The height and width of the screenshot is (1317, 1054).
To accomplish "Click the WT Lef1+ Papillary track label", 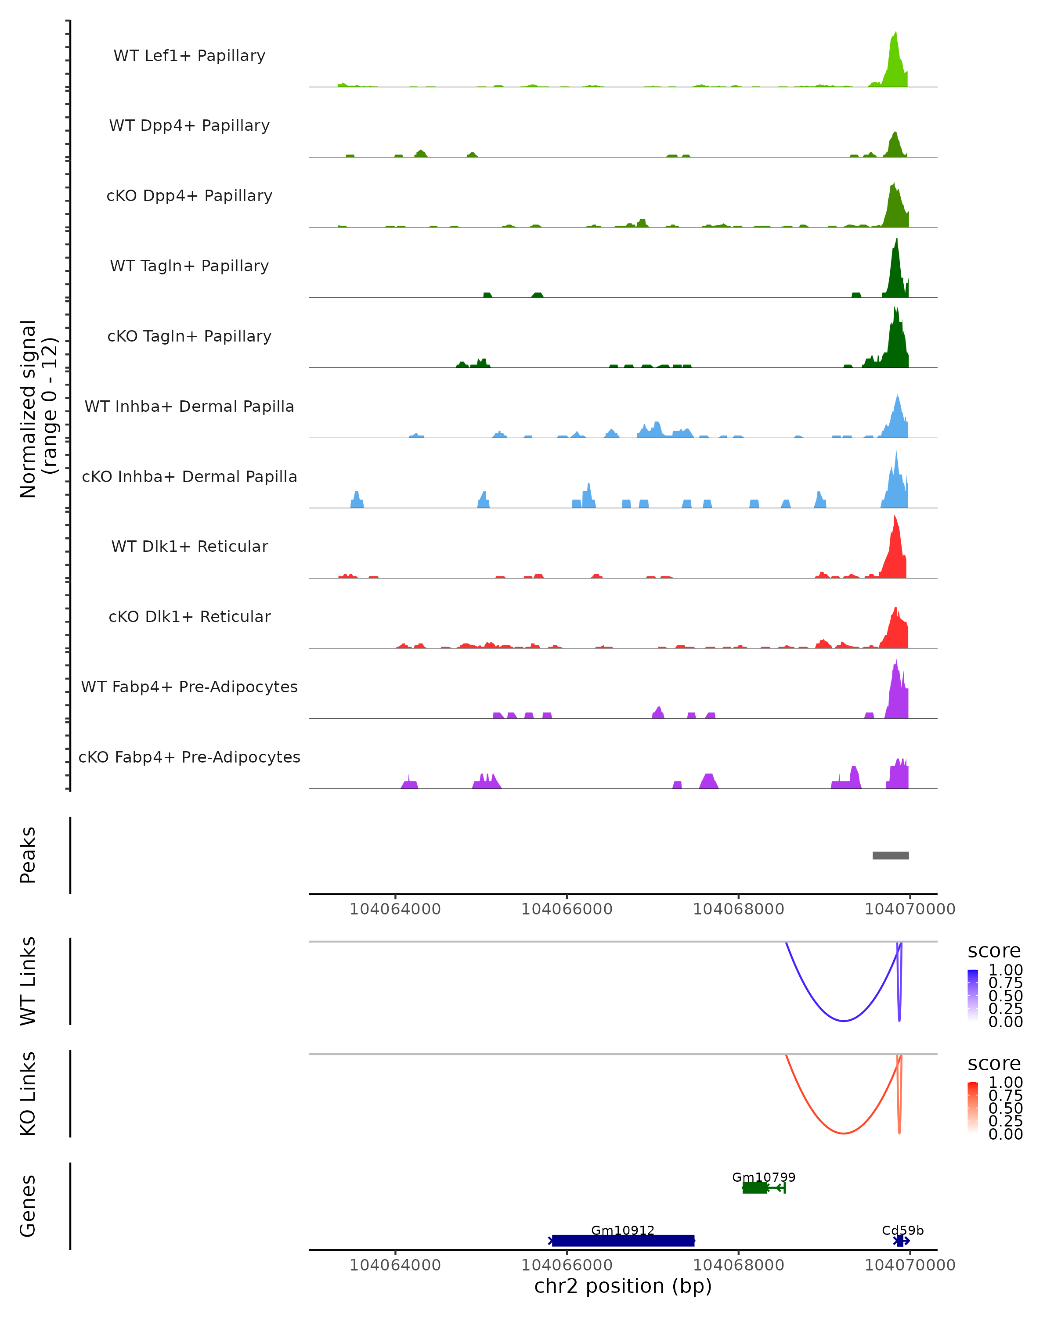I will click(x=189, y=56).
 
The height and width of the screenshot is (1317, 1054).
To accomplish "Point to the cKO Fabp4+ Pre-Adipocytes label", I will click(x=189, y=757).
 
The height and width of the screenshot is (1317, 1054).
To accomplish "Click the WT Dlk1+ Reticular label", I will click(x=189, y=546).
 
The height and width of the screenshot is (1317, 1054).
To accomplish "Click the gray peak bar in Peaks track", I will click(x=890, y=855).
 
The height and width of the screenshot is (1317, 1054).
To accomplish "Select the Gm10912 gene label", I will click(x=623, y=1230).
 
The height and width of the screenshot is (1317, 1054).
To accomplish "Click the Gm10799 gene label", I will click(x=763, y=1177).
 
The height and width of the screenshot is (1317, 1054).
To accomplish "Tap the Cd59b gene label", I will click(x=902, y=1230).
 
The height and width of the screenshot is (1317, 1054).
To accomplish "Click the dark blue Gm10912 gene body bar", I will click(x=623, y=1241).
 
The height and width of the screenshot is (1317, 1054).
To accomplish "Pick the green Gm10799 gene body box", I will click(x=754, y=1187).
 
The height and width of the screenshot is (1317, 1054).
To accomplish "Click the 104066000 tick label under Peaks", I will click(x=567, y=909).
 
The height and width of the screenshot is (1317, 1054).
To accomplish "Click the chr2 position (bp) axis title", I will click(x=623, y=1286).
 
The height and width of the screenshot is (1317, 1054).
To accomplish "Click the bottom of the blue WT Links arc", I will click(x=843, y=1020).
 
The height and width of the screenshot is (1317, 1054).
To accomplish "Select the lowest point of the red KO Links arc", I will click(x=843, y=1133).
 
